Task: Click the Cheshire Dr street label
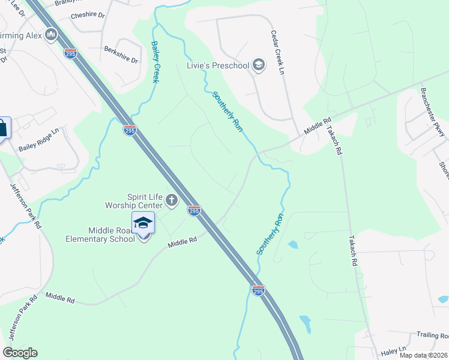click(x=88, y=15)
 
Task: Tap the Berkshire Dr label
click(x=121, y=55)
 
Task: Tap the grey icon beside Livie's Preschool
click(x=259, y=65)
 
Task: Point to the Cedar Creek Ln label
click(x=277, y=52)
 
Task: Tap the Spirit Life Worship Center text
click(x=143, y=200)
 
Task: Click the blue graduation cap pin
click(x=143, y=223)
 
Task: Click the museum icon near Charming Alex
click(x=51, y=35)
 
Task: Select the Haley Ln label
click(x=394, y=349)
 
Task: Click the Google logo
click(x=20, y=353)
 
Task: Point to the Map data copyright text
click(x=423, y=355)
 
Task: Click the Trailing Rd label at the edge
click(x=433, y=335)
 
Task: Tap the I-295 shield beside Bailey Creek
click(x=130, y=129)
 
